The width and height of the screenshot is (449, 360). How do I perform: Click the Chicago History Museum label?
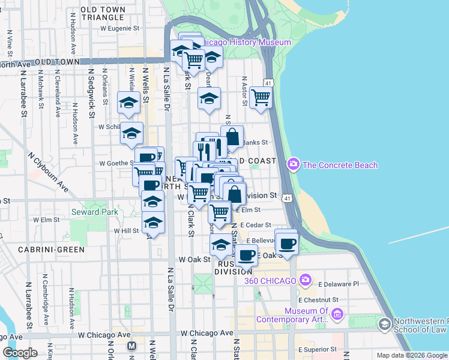click(246, 43)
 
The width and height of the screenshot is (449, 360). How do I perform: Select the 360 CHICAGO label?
click(270, 281)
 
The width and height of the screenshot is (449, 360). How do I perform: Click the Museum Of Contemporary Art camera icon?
click(337, 314)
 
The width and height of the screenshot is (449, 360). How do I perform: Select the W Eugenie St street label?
click(119, 28)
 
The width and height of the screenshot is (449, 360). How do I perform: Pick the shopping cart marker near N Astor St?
click(261, 97)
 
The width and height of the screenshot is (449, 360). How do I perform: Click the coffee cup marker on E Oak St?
click(246, 256)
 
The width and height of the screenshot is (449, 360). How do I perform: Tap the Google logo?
click(20, 353)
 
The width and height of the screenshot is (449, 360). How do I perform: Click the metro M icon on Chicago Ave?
click(132, 346)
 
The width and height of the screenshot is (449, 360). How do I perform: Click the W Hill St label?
click(126, 230)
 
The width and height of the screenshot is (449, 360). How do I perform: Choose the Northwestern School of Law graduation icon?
click(384, 325)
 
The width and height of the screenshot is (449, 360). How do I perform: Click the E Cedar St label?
click(256, 225)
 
